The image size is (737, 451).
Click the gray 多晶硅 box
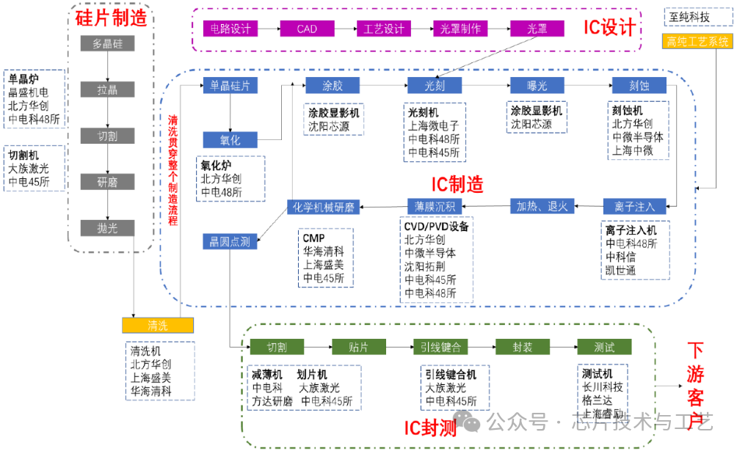click(108, 44)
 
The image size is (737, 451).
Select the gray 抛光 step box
click(108, 228)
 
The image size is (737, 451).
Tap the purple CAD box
click(307, 29)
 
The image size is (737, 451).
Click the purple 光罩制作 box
click(461, 29)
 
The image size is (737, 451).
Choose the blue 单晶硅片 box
click(230, 85)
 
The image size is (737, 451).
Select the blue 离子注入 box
click(629, 207)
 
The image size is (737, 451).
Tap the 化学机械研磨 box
click(324, 207)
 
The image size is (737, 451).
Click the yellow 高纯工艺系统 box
click(698, 41)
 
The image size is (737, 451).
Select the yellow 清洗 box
click(157, 326)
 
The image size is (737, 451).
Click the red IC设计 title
click(609, 28)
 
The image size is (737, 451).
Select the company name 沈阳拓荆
click(430, 266)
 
